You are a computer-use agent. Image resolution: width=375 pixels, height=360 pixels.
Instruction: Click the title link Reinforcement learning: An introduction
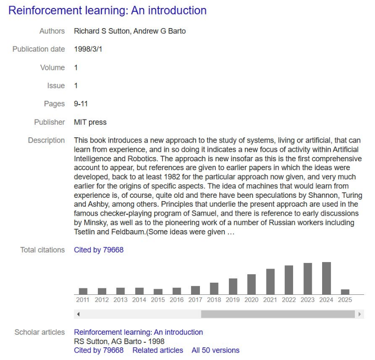107,10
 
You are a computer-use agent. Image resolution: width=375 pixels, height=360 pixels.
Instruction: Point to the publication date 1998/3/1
88,49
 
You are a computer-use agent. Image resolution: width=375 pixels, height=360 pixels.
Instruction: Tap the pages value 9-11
81,104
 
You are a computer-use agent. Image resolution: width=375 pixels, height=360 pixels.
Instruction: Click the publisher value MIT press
90,122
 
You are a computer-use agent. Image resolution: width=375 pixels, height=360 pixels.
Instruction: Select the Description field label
46,140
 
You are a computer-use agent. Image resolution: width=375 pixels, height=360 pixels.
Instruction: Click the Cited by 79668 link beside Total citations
99,250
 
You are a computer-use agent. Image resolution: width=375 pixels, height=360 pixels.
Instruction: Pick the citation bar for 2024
326,278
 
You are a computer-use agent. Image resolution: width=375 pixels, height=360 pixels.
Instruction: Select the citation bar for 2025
345,292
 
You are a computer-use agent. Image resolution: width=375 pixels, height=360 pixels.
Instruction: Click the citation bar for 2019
233,286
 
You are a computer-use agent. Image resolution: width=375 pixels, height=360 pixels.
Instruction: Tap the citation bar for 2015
158,292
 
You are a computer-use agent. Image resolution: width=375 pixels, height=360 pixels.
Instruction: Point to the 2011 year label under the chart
83,300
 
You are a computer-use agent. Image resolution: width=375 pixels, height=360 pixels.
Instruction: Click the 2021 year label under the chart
270,300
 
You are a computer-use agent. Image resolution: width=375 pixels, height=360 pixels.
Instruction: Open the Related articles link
158,350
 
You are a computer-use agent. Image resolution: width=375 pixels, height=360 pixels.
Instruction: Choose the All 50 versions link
215,350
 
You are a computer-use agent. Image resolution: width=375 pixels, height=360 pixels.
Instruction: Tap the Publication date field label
38,49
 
